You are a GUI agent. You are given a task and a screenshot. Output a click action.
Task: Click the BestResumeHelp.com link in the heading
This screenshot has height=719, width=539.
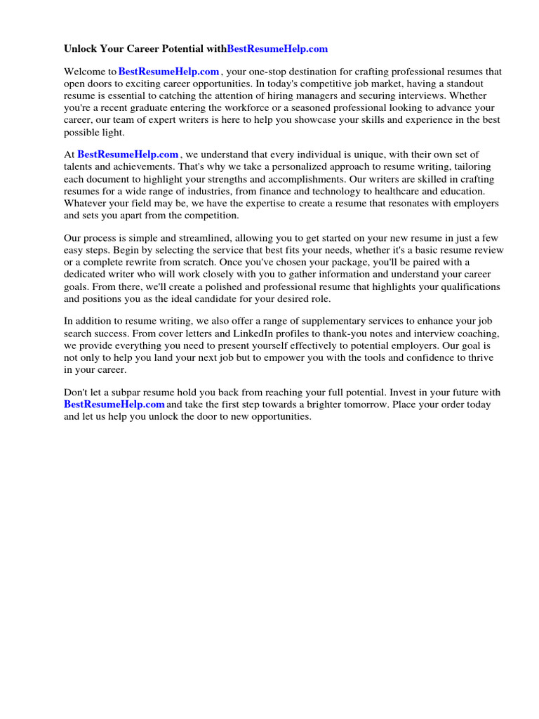pos(278,49)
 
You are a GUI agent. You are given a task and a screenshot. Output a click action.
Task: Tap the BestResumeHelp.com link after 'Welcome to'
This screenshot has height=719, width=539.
pos(169,72)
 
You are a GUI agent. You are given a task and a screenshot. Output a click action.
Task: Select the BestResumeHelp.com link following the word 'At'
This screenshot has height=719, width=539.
pos(128,154)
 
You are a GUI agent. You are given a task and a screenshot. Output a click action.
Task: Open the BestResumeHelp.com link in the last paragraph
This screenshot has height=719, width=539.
pos(114,404)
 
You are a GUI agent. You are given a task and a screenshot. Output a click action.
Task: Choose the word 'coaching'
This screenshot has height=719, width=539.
pos(459,334)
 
